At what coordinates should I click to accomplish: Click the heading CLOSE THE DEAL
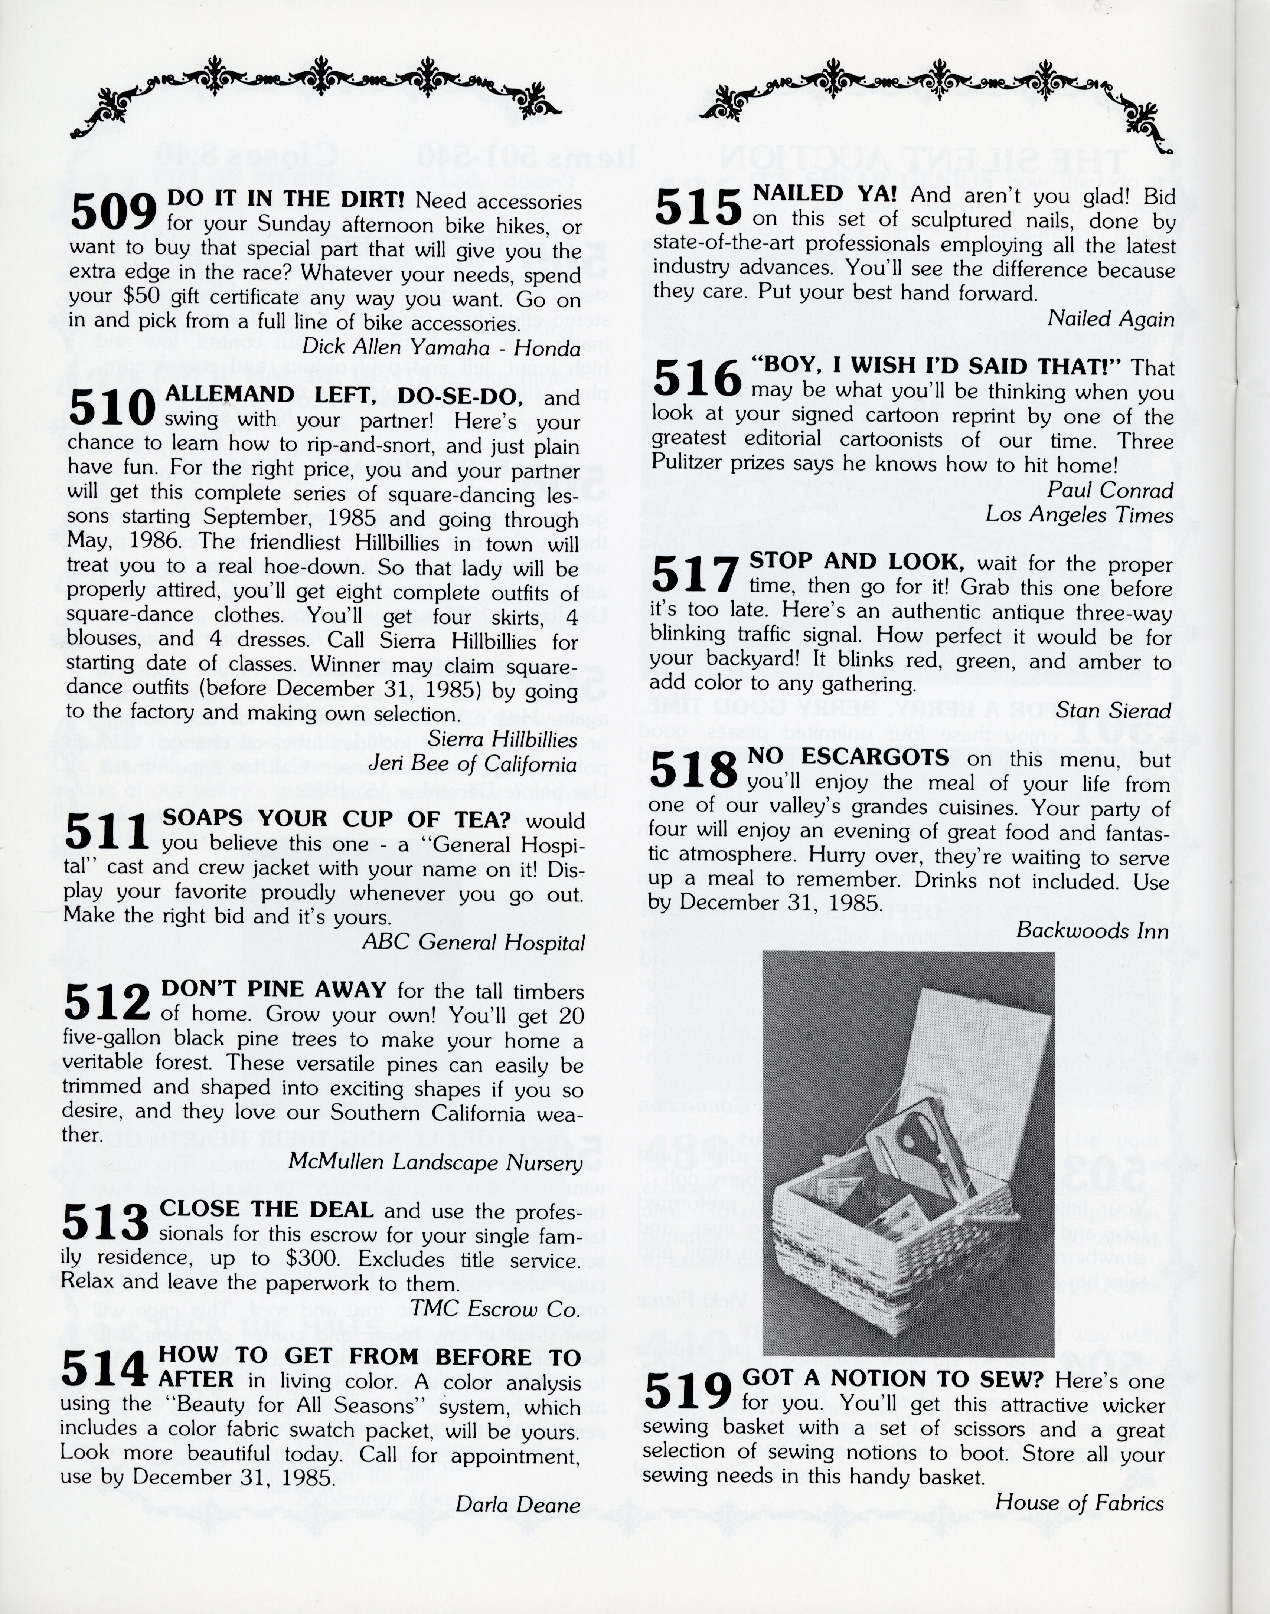[266, 1209]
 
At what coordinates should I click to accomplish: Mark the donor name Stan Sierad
[1113, 711]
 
